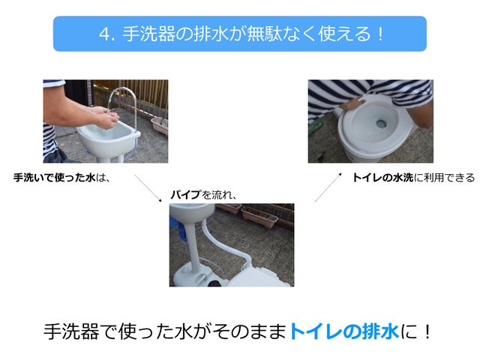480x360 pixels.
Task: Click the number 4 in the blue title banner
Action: click(x=105, y=34)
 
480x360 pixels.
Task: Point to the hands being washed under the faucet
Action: click(x=105, y=118)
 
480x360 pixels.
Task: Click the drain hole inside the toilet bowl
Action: click(x=381, y=124)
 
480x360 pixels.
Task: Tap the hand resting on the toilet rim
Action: click(x=352, y=103)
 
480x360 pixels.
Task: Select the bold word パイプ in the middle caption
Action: click(x=186, y=194)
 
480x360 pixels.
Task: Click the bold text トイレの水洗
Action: click(x=383, y=178)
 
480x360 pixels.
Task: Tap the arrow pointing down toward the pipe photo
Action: click(x=148, y=188)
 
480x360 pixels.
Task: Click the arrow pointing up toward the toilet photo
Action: click(x=328, y=187)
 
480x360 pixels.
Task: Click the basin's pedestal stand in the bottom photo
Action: click(x=193, y=245)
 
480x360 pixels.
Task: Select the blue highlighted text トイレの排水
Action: click(x=344, y=331)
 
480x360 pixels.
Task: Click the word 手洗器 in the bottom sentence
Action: click(x=71, y=331)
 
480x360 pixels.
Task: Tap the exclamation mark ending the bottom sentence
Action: click(x=427, y=331)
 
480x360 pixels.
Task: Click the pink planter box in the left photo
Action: click(x=160, y=125)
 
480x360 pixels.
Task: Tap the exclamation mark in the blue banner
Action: click(x=380, y=34)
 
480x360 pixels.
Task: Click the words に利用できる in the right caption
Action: click(x=444, y=178)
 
